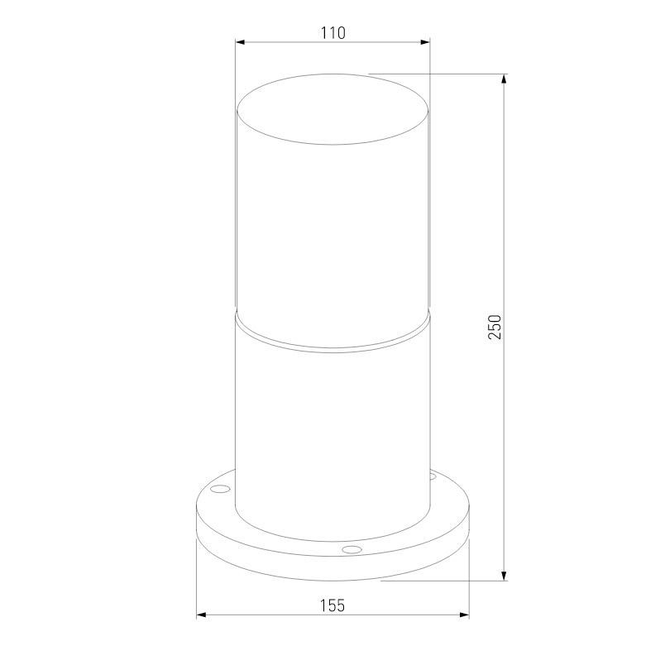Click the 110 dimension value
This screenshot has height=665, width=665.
coord(333,32)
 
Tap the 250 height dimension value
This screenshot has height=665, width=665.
coord(495,327)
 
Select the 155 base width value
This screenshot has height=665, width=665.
coord(332,605)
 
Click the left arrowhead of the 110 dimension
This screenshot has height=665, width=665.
coord(241,42)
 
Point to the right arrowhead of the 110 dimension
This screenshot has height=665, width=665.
coord(425,42)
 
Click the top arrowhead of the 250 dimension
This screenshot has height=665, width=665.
coord(504,79)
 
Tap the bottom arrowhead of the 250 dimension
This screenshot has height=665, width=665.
coord(504,576)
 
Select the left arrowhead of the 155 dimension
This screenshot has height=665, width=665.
coord(202,615)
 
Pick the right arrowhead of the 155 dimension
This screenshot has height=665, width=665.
coord(464,615)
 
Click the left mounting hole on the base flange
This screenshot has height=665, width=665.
coord(221,489)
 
